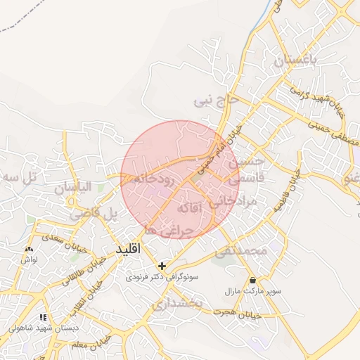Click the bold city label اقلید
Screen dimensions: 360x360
(x=129, y=249)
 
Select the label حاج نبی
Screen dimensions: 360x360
(x=217, y=101)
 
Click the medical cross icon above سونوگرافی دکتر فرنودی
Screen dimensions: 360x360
(x=163, y=266)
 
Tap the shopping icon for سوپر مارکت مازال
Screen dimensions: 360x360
(x=252, y=280)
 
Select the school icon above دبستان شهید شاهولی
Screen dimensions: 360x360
(x=44, y=317)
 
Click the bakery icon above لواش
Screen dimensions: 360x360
(x=29, y=250)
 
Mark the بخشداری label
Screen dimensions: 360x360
(x=177, y=302)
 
